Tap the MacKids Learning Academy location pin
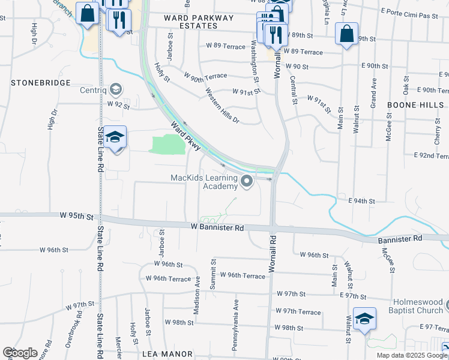(246, 181)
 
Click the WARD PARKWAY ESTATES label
(199, 22)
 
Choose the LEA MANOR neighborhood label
(167, 354)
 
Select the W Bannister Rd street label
(217, 227)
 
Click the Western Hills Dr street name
(222, 106)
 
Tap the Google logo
(20, 353)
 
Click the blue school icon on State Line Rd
(115, 137)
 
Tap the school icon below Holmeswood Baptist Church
(364, 318)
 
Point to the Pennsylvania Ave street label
(236, 314)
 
